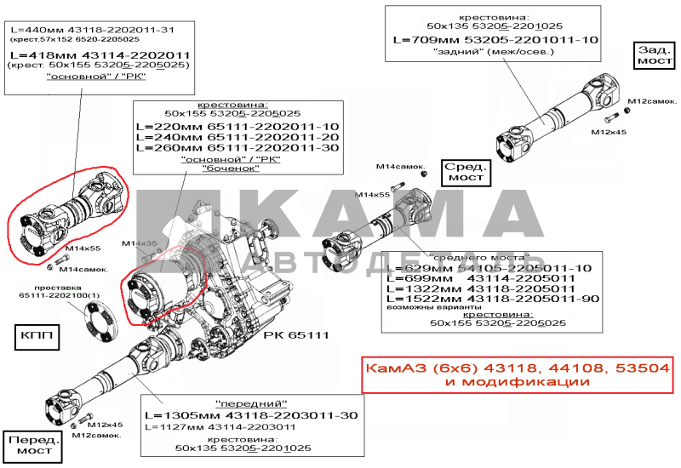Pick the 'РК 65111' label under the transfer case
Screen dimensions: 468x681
(x=297, y=334)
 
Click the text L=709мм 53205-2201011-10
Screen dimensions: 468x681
(x=495, y=40)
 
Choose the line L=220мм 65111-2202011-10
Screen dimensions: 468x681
(x=237, y=126)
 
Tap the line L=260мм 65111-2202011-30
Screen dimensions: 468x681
(x=237, y=148)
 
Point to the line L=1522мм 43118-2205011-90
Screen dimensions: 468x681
(x=492, y=300)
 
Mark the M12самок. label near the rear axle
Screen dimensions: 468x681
(x=645, y=101)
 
